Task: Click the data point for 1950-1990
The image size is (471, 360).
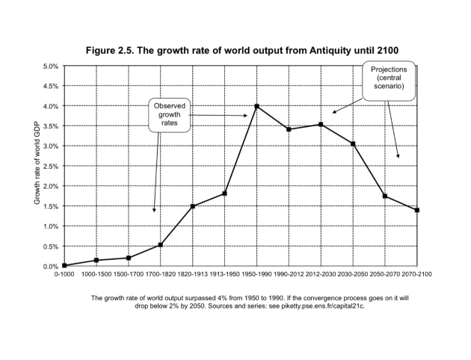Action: pyautogui.click(x=256, y=106)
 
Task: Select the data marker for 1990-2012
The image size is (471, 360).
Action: pyautogui.click(x=289, y=129)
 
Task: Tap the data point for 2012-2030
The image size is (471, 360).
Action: pyautogui.click(x=321, y=124)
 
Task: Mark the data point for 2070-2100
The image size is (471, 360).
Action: pyautogui.click(x=416, y=210)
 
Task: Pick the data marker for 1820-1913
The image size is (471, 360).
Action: pyautogui.click(x=192, y=206)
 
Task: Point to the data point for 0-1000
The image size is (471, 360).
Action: pyautogui.click(x=64, y=265)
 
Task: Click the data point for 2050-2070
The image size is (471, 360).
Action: pyautogui.click(x=384, y=196)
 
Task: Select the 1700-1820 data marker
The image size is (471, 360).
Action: pyautogui.click(x=160, y=245)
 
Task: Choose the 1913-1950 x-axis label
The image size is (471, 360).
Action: pyautogui.click(x=224, y=276)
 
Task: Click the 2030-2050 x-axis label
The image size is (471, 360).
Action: pyautogui.click(x=352, y=276)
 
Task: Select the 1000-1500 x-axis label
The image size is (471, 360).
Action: pyautogui.click(x=96, y=276)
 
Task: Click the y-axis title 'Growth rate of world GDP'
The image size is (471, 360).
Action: pyautogui.click(x=36, y=166)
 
